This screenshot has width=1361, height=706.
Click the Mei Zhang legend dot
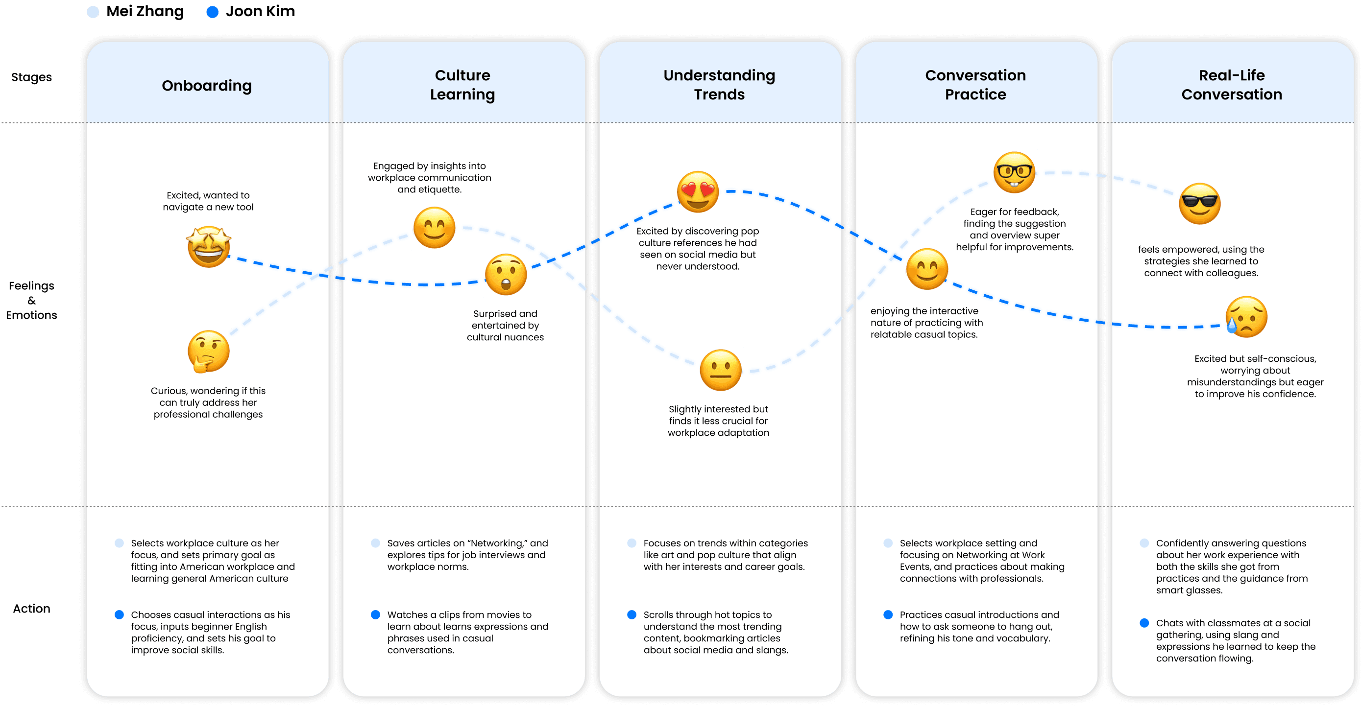[x=93, y=12]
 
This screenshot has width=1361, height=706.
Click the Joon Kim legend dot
[x=213, y=12]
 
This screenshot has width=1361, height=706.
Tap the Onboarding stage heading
[x=207, y=86]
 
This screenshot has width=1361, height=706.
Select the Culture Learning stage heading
[x=462, y=85]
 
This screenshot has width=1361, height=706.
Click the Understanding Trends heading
[x=719, y=85]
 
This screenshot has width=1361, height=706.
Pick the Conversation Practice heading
[x=975, y=85]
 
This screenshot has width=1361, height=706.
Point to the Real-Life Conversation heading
[x=1232, y=85]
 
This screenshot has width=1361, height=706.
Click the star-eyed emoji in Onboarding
[x=209, y=247]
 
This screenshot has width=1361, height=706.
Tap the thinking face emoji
[x=208, y=352]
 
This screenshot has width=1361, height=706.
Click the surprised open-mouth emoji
[x=506, y=275]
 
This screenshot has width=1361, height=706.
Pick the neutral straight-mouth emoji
[x=721, y=370]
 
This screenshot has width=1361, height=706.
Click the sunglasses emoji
[x=1200, y=204]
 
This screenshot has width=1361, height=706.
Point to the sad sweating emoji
[x=1246, y=317]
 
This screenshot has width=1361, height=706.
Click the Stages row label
[x=31, y=77]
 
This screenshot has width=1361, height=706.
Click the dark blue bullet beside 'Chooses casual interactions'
[x=120, y=614]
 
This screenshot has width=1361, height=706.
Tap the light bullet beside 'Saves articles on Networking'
[x=376, y=543]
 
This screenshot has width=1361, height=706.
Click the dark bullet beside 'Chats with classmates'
[x=1144, y=623]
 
